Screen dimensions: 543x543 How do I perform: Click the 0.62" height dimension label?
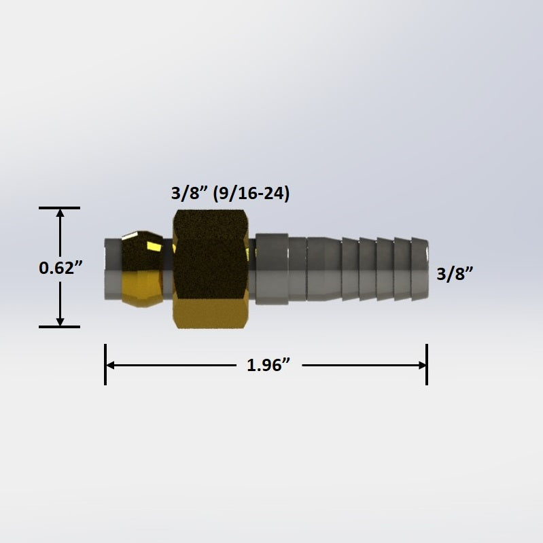click(x=60, y=268)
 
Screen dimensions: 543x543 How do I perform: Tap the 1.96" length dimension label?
click(x=268, y=366)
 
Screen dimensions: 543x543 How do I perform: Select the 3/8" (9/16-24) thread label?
click(x=230, y=194)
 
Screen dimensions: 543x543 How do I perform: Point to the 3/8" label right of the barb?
click(x=455, y=273)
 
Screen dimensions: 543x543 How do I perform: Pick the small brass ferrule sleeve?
click(x=141, y=268)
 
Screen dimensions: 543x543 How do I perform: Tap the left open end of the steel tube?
click(x=107, y=268)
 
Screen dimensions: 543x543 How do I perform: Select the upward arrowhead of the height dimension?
click(x=60, y=214)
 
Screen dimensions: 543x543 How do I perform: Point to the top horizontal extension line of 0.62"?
click(x=60, y=208)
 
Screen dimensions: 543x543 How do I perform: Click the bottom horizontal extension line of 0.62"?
click(x=60, y=327)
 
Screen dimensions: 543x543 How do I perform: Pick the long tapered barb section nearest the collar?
click(x=323, y=267)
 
